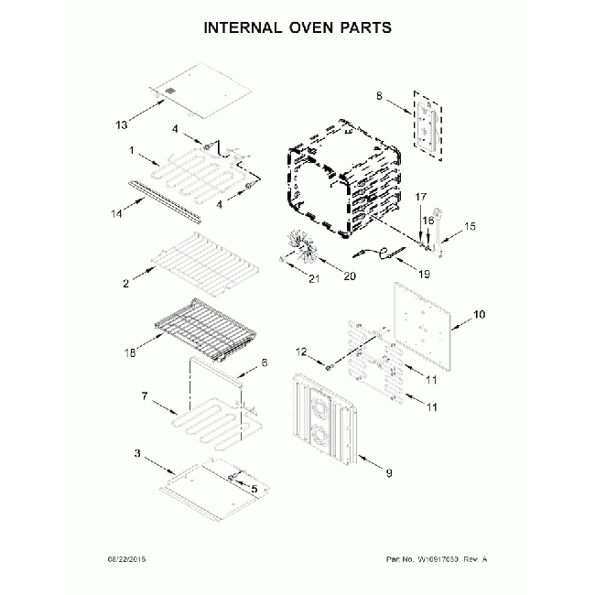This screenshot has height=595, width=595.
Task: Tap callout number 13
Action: [x=121, y=124]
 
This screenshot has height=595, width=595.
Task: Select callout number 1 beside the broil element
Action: [x=132, y=151]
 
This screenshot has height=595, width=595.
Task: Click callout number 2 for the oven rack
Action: [x=124, y=284]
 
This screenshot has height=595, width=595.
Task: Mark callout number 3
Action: [x=137, y=454]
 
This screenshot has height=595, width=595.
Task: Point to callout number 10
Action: [x=478, y=317]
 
